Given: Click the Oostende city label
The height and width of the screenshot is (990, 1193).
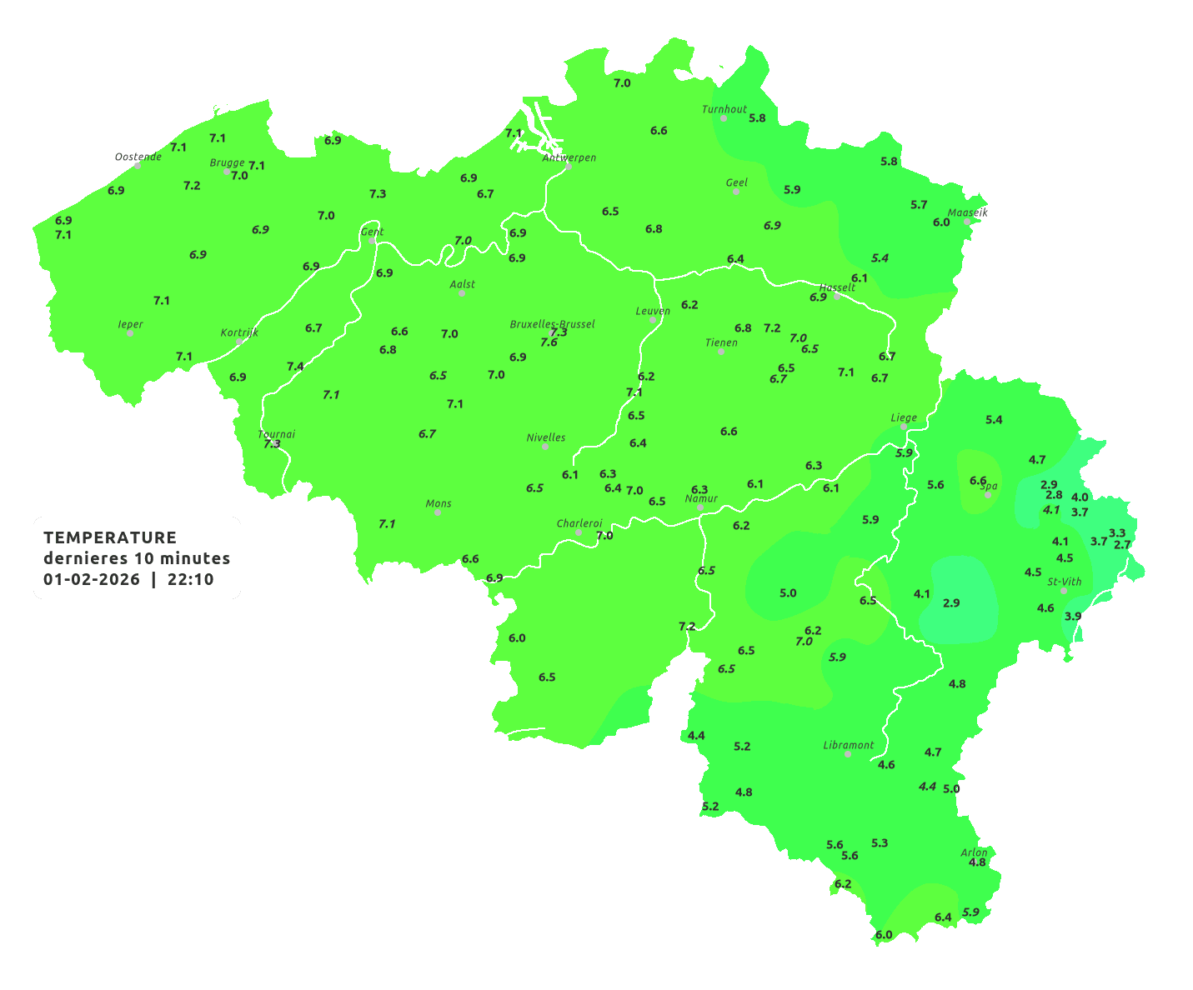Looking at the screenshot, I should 138,157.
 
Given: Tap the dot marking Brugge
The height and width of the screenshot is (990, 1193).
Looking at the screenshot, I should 226,172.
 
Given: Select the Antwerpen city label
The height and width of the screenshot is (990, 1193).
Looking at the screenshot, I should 569,157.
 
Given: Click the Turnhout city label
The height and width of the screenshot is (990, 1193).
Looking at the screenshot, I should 724,109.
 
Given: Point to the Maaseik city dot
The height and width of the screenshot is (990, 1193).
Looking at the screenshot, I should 967,222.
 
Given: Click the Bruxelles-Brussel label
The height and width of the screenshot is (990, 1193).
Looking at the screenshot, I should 552,323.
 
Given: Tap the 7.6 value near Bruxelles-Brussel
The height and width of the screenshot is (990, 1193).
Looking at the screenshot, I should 549,342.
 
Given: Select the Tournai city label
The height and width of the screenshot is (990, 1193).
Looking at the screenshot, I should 276,434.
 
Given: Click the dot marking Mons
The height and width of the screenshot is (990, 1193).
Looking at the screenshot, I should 438,512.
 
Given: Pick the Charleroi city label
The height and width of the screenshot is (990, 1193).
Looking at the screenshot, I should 579,523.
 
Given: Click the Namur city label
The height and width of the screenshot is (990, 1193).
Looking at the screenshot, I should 701,498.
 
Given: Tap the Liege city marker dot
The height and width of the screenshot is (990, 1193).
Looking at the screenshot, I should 904,427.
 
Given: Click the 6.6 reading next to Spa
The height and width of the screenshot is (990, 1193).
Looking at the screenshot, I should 978,481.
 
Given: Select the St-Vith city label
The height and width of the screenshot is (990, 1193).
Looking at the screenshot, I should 1065,582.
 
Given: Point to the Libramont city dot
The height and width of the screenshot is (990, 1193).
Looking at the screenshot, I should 848,754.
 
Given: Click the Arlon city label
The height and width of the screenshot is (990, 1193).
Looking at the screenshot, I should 974,852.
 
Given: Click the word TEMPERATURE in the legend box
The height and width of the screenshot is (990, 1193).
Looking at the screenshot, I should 110,537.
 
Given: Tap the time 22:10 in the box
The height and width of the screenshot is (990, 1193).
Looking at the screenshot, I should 190,580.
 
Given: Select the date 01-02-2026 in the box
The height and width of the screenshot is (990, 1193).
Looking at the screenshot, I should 92,580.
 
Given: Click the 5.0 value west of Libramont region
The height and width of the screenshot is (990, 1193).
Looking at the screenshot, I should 788,593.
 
